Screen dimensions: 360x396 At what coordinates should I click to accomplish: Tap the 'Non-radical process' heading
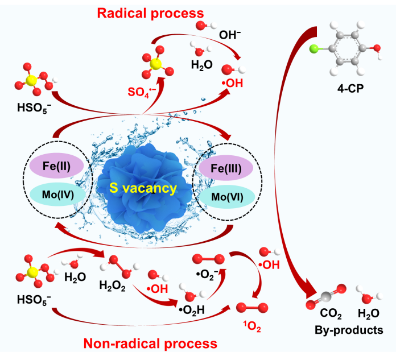(150, 344)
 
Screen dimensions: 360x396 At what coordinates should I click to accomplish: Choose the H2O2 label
(113, 284)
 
